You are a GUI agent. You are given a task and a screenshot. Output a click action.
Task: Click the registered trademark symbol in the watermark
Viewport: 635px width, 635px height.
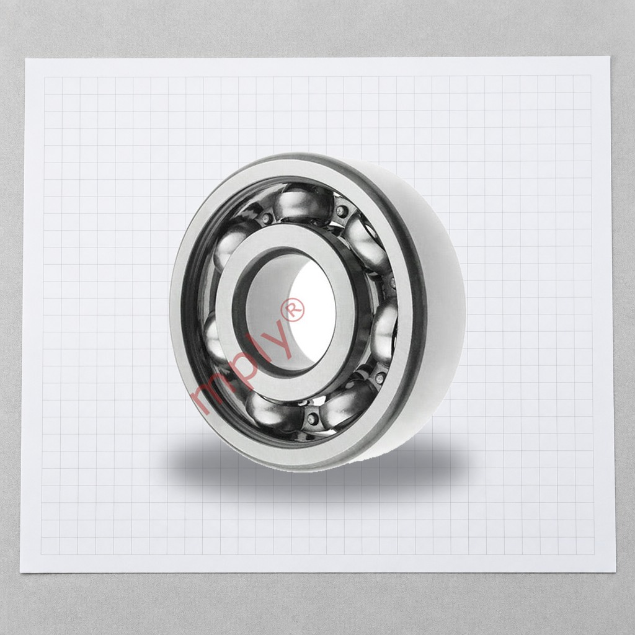click(x=295, y=310)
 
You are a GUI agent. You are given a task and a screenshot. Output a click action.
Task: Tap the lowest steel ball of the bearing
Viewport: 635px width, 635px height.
click(x=272, y=412)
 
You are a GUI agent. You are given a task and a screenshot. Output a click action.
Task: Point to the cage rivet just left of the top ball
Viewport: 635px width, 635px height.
click(x=266, y=218)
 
